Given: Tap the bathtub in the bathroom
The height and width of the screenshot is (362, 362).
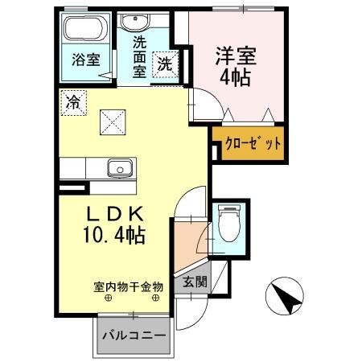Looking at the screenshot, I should click(82, 31).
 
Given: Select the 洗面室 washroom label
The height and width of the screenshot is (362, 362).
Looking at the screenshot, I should click(138, 58).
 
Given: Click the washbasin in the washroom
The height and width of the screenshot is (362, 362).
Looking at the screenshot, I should click(147, 23).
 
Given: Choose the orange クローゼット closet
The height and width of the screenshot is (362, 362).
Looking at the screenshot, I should click(253, 145).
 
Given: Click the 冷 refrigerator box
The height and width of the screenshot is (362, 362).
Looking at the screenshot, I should click(73, 102).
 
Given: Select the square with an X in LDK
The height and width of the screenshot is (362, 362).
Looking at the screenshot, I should click(111, 121).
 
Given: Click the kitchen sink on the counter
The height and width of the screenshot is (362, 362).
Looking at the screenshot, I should click(121, 168).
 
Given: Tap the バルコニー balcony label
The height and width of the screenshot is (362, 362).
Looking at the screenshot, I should click(134, 334).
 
